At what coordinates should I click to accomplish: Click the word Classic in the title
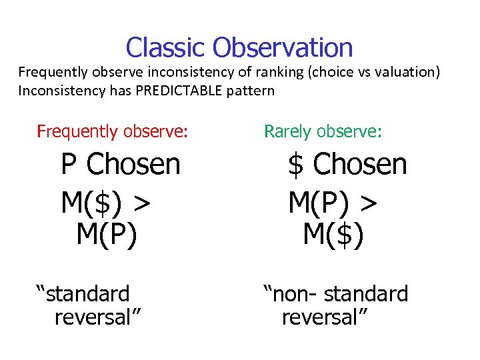point(166,48)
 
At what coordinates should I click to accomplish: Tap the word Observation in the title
point(283,48)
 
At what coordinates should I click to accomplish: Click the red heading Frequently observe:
point(112,131)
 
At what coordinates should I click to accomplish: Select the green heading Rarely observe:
point(323,131)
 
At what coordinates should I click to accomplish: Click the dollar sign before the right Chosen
point(295,165)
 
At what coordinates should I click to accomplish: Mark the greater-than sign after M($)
point(140,203)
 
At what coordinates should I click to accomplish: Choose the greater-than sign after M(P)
point(367,203)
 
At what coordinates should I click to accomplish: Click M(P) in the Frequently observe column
point(107,235)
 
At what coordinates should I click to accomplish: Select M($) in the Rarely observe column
point(333,235)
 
